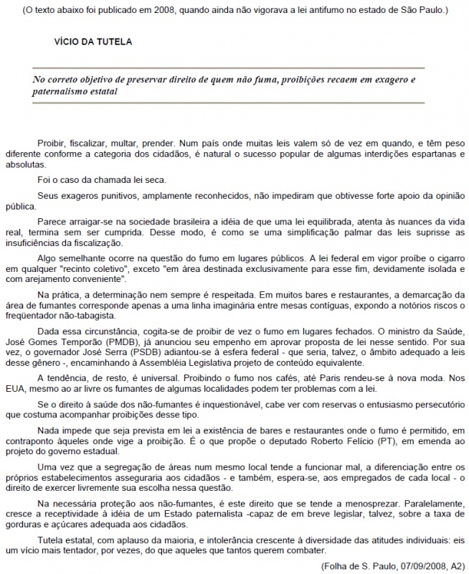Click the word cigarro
(x=443, y=255)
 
